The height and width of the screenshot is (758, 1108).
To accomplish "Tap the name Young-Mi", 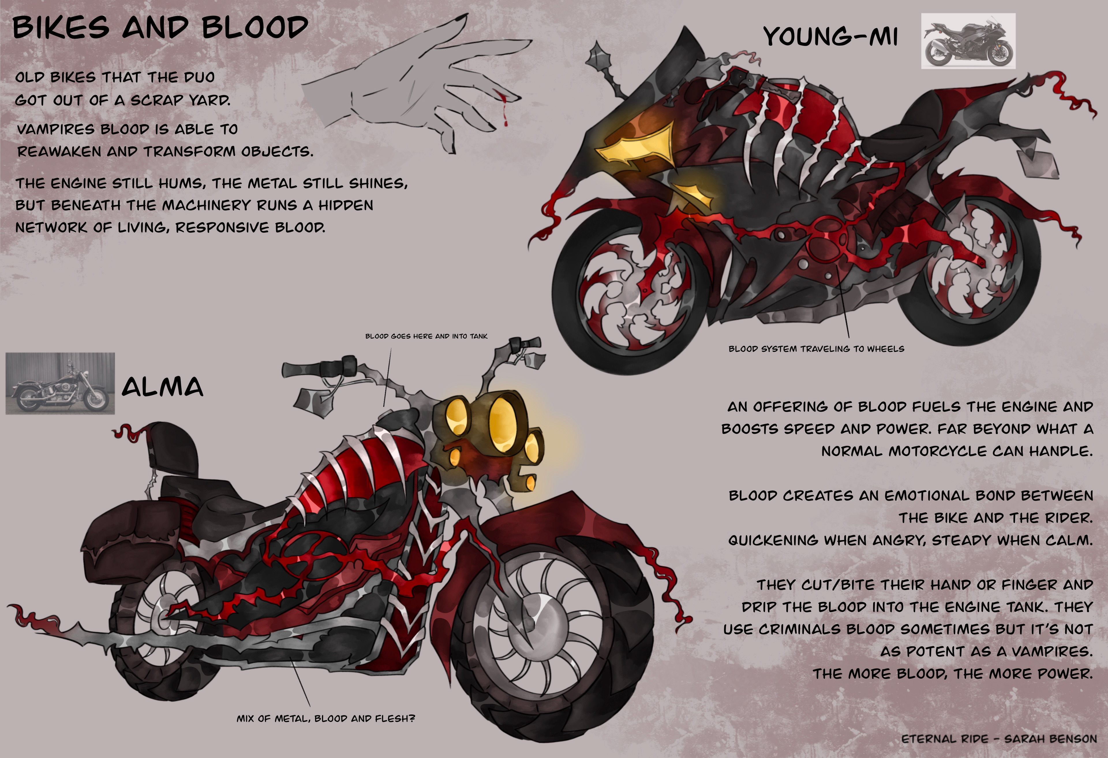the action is pyautogui.click(x=830, y=36).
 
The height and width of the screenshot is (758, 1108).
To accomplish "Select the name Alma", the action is pyautogui.click(x=162, y=387).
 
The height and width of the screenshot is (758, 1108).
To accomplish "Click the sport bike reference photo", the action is pyautogui.click(x=968, y=41).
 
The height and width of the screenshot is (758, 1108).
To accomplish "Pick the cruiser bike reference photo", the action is pyautogui.click(x=60, y=383).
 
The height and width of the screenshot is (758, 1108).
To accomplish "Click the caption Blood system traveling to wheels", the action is pyautogui.click(x=816, y=349).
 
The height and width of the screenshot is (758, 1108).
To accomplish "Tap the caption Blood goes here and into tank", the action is pyautogui.click(x=426, y=336).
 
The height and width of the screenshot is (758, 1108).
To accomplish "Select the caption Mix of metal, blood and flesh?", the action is pyautogui.click(x=326, y=718).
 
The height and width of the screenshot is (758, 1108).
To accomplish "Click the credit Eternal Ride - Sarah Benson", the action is pyautogui.click(x=999, y=739).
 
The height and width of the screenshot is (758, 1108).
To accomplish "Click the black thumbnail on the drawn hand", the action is pyautogui.click(x=461, y=20).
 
